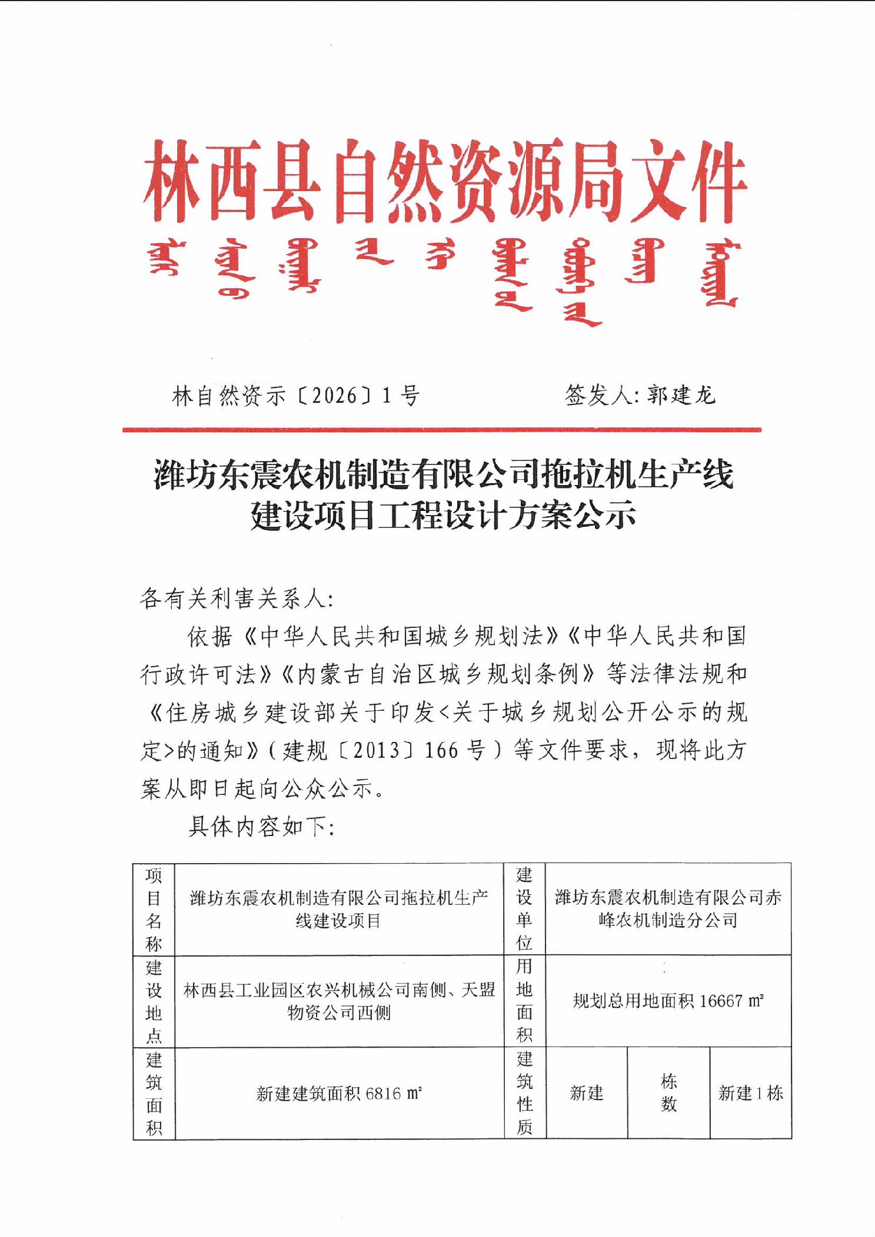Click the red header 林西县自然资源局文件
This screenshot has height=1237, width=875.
click(x=445, y=182)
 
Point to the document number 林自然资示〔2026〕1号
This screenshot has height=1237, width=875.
click(x=296, y=396)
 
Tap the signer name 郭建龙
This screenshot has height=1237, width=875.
click(x=681, y=395)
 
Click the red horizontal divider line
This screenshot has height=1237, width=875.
click(x=441, y=430)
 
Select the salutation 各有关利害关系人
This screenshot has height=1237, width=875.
click(x=237, y=599)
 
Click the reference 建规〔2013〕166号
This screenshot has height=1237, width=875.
click(x=384, y=751)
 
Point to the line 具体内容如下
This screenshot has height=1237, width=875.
click(x=261, y=827)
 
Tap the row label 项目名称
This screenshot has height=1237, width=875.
click(x=154, y=909)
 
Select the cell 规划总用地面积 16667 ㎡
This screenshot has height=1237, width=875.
click(x=668, y=1001)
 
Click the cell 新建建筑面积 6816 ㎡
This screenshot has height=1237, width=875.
click(x=339, y=1094)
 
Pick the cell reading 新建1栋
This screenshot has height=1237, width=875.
click(x=750, y=1093)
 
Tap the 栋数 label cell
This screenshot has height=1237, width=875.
click(x=668, y=1093)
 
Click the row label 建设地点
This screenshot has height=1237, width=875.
click(x=154, y=1001)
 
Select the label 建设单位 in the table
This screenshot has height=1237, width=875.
click(x=524, y=909)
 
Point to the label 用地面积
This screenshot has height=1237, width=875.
click(x=524, y=1001)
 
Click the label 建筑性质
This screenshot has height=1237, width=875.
click(x=524, y=1093)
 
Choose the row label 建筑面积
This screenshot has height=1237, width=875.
click(x=154, y=1094)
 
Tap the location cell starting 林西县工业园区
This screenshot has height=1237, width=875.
click(x=339, y=1001)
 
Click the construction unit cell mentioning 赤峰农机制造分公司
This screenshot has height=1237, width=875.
click(x=668, y=909)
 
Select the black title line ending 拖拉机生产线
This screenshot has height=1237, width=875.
click(x=444, y=475)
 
